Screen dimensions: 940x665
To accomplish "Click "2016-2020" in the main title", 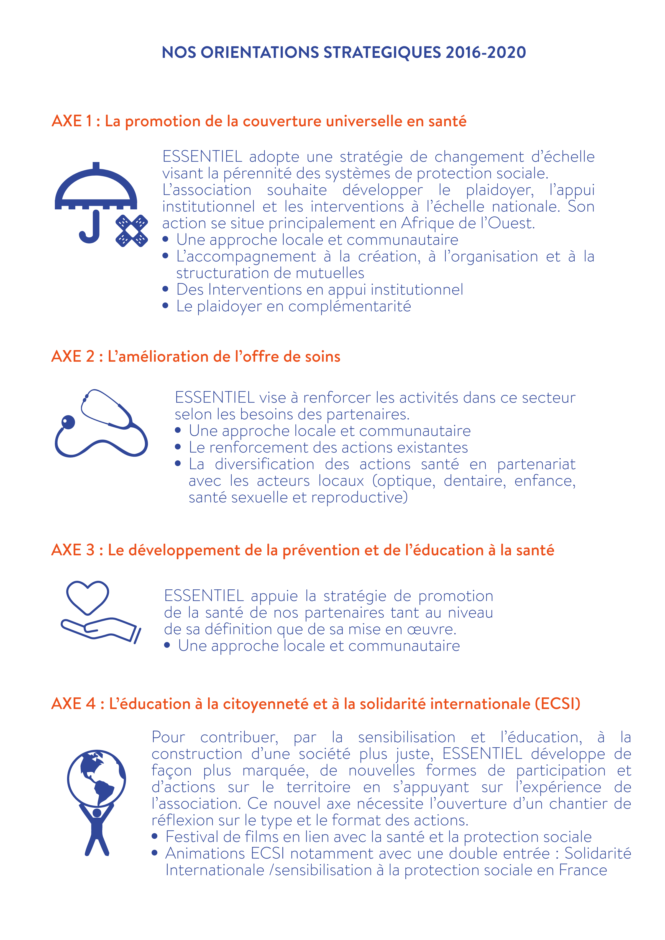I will (x=485, y=52).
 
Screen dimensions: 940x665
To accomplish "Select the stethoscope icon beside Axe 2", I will (x=101, y=424).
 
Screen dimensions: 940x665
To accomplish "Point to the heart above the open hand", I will (x=88, y=597).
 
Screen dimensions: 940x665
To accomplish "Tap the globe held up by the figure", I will (x=97, y=777).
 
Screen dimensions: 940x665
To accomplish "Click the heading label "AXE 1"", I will (x=72, y=121).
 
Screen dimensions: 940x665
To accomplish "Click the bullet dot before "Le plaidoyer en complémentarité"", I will (x=165, y=305).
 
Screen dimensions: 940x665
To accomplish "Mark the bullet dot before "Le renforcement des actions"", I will (x=178, y=447).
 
